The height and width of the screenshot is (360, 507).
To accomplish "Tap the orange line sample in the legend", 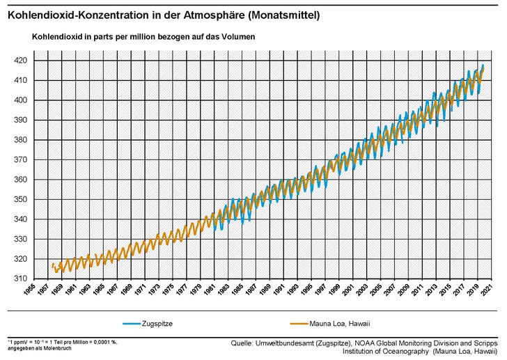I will (x=300, y=324).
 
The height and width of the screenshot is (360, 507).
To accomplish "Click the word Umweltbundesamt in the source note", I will (x=286, y=343).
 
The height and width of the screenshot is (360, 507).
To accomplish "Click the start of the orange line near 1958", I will (x=52, y=265).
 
